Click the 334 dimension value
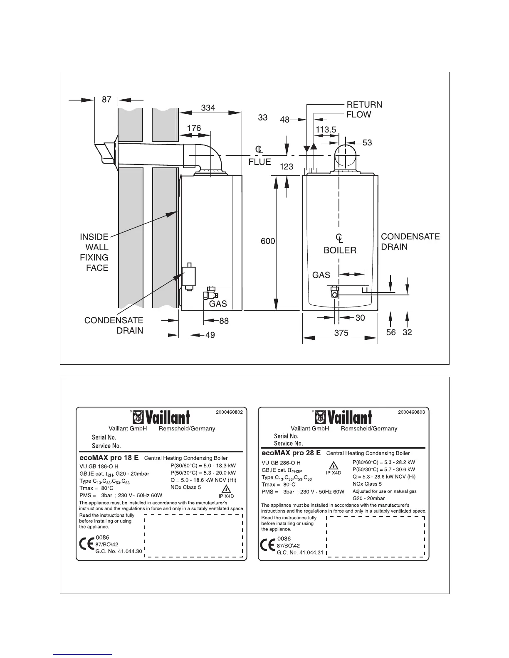pos(208,108)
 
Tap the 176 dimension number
pos(194,128)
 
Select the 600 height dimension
pos(268,241)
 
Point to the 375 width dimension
pos(341,333)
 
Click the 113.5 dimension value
pos(326,130)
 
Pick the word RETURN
pos(364,105)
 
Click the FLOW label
pos(358,115)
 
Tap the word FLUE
pos(259,162)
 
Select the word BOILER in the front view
pos(340,250)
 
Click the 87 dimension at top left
pos(106,100)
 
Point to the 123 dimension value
pos(287,167)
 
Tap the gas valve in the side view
pos(208,293)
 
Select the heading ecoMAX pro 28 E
pos(291,453)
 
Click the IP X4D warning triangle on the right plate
pos(333,465)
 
